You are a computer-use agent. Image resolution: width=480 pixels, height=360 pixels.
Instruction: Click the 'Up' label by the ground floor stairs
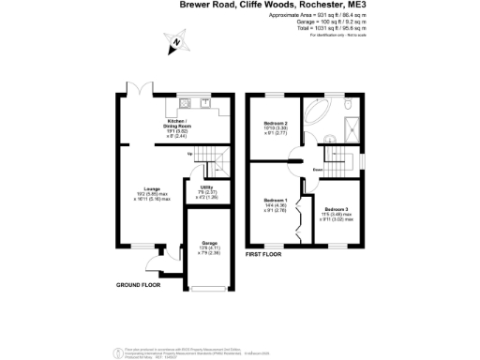[x=190, y=153]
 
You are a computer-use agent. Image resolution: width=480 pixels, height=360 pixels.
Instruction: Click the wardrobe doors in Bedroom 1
[x=299, y=217]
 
